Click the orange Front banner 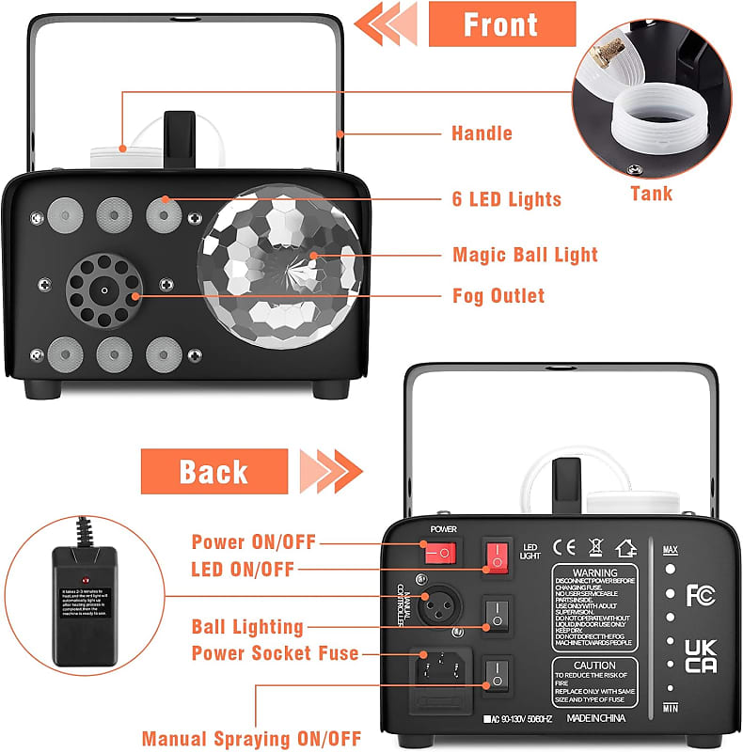[x=500, y=24]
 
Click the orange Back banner [x=214, y=471]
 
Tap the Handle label [x=482, y=133]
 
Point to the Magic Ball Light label [x=525, y=255]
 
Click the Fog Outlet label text [x=498, y=296]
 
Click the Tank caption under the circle [x=651, y=194]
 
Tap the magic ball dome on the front [x=280, y=270]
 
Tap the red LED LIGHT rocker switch [x=497, y=556]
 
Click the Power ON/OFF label [x=254, y=542]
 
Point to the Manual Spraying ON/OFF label [x=251, y=739]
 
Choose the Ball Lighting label [x=247, y=626]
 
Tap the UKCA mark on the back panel [x=700, y=656]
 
